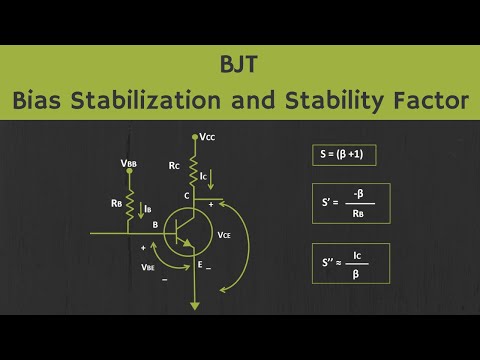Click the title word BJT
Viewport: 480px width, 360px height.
click(240, 64)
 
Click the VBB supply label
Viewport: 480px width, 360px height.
click(130, 162)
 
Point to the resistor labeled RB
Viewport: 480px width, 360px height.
click(129, 207)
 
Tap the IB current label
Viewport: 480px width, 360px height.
click(148, 209)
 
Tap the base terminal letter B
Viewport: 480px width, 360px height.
click(155, 225)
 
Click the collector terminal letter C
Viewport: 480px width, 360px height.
click(186, 196)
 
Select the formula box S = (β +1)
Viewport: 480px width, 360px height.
click(344, 156)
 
